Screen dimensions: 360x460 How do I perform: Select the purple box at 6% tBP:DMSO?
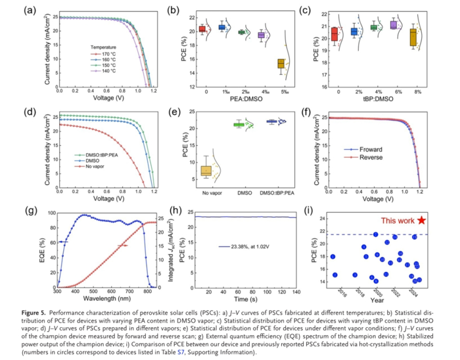[394, 25]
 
